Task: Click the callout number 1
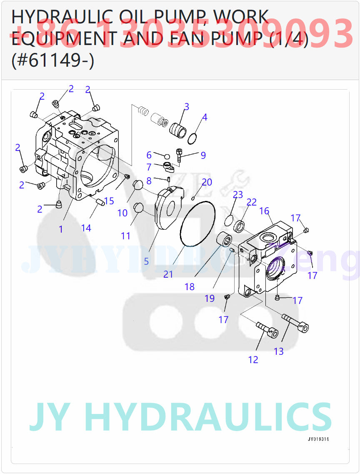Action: tap(61, 229)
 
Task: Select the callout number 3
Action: tap(187, 107)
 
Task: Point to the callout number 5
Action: tap(146, 261)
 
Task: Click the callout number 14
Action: tap(86, 228)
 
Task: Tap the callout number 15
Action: tap(109, 201)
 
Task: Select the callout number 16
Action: tap(265, 211)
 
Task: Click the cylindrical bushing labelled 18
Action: tap(226, 241)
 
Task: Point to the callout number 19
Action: tap(210, 298)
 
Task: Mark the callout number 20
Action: tap(207, 182)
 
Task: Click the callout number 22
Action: tap(252, 202)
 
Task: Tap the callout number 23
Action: tap(238, 195)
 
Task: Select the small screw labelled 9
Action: tap(180, 157)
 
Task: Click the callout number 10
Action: tap(122, 213)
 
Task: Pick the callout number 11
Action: tap(125, 236)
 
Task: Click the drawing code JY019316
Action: tap(321, 439)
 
